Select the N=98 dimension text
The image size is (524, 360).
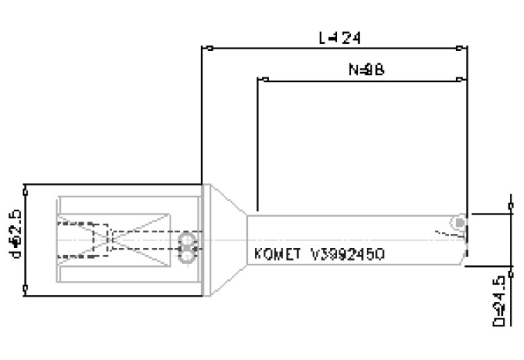[365, 69]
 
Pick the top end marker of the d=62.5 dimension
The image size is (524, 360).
[26, 185]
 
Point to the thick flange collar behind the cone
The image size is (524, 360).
[206, 239]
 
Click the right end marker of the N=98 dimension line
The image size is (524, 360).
[459, 79]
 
